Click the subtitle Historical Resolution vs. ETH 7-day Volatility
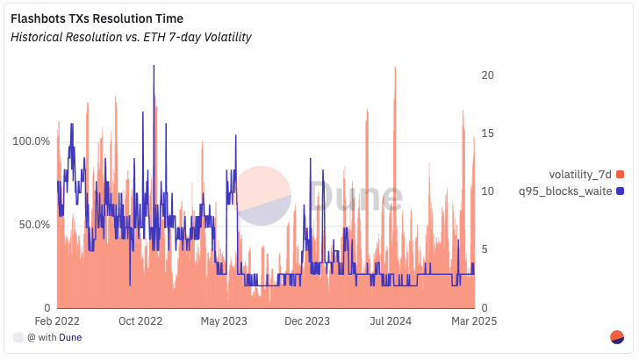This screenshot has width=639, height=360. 132,37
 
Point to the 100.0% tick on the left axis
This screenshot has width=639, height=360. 29,140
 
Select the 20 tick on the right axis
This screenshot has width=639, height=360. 490,76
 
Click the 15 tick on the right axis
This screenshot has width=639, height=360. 490,133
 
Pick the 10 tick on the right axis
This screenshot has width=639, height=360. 490,191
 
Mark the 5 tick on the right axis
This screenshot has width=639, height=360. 486,249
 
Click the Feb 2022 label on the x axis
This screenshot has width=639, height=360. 57,321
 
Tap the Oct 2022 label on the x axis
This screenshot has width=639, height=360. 141,321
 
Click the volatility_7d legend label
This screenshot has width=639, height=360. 580,175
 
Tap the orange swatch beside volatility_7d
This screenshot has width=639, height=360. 620,175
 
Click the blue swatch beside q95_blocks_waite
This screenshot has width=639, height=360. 620,191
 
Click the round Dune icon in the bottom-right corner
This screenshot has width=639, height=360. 616,337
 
